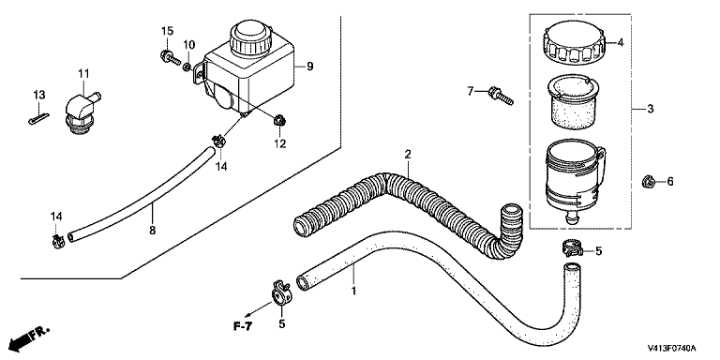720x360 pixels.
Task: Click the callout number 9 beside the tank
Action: point(310,67)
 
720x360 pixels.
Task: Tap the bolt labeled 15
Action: point(171,58)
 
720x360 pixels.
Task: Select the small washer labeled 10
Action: point(187,67)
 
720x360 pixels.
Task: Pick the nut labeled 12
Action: point(278,121)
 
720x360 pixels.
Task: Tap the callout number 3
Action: point(651,109)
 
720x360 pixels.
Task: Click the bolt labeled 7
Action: point(501,95)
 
